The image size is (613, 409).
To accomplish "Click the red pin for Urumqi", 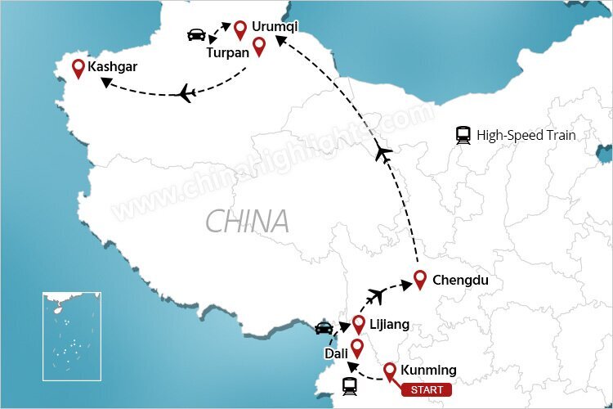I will coord(240,30).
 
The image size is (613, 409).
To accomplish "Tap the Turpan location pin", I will coord(259,47).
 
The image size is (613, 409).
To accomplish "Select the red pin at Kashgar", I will coord(78,69).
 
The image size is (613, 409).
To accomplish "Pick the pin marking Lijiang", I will coord(358,325).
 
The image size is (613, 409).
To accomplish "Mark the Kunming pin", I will coord(390,371).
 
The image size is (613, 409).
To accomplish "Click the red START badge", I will coord(426,389).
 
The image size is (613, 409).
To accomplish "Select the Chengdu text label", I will coord(460,281).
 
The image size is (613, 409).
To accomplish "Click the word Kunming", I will coord(429,371).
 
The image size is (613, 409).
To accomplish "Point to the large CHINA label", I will coord(247,221).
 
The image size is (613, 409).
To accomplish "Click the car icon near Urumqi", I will coord(197,34).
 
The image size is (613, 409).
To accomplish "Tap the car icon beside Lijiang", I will coord(324,328).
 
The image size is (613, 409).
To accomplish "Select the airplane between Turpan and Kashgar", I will coord(186,94).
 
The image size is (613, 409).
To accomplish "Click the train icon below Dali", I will coord(349,386).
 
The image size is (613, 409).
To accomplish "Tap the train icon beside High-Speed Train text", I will coord(463,136).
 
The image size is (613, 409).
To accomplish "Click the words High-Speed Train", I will coord(526,136).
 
